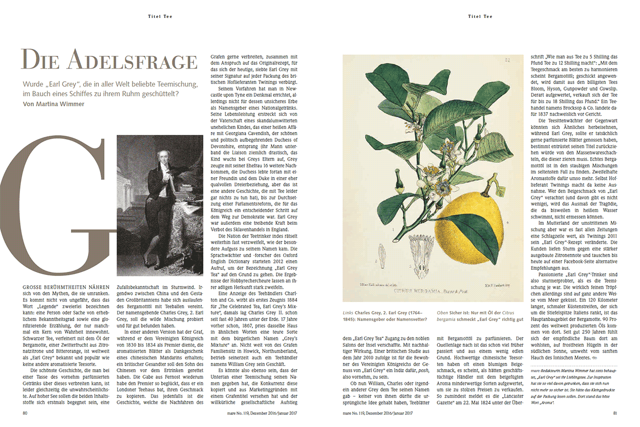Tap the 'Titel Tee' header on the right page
480,16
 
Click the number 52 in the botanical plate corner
507,60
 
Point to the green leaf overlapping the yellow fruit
492,236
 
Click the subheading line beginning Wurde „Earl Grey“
110,84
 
